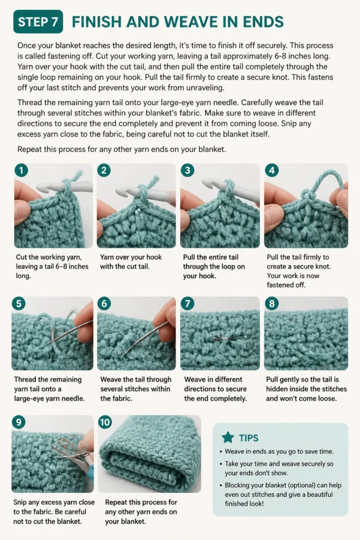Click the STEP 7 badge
(x=38, y=22)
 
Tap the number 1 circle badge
(x=21, y=170)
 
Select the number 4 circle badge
(x=272, y=170)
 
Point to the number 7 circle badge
(x=188, y=303)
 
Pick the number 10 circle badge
(x=105, y=422)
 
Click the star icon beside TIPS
(x=228, y=437)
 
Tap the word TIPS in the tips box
(x=248, y=438)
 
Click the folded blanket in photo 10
(x=150, y=454)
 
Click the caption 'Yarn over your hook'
(x=131, y=257)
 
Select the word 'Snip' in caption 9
(x=21, y=503)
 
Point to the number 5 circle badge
(x=18, y=303)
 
